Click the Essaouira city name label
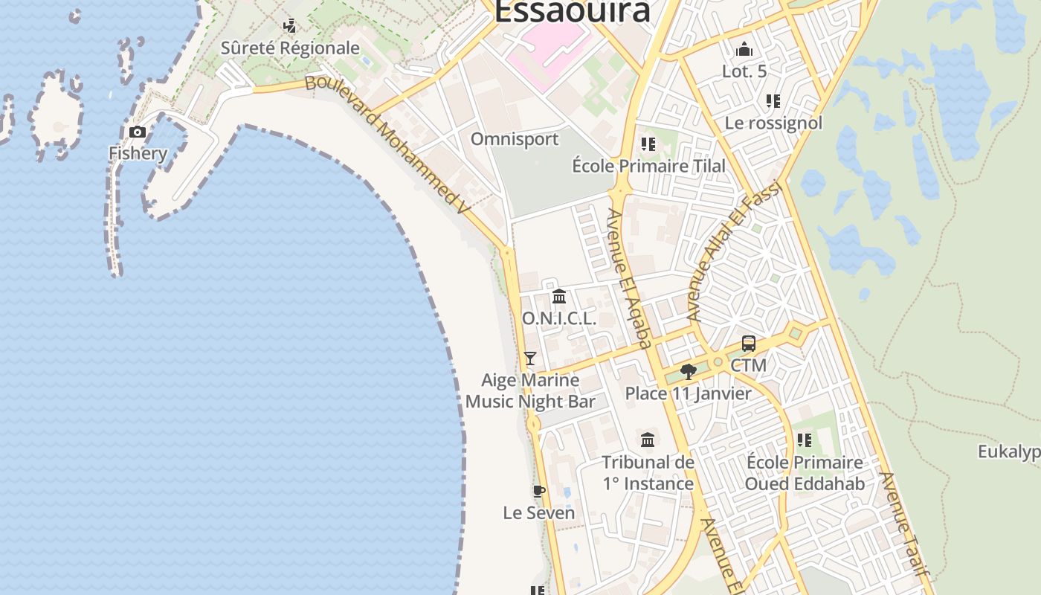[x=572, y=12]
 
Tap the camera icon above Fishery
[x=138, y=132]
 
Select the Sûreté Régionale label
[x=290, y=48]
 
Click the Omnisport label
[x=515, y=139]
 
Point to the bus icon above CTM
[x=749, y=344]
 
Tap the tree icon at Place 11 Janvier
[x=688, y=371]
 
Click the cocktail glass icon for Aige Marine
[x=530, y=358]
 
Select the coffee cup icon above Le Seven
[x=539, y=491]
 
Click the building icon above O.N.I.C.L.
[x=559, y=297]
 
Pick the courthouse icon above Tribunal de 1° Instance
[x=648, y=440]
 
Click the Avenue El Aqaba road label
[x=629, y=279]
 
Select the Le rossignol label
[x=773, y=123]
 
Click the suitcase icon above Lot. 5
[x=744, y=50]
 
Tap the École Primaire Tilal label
[x=648, y=166]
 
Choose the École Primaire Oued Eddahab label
[x=805, y=473]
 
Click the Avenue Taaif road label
[x=903, y=524]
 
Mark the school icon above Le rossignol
[x=773, y=101]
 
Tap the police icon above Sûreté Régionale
[x=290, y=26]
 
